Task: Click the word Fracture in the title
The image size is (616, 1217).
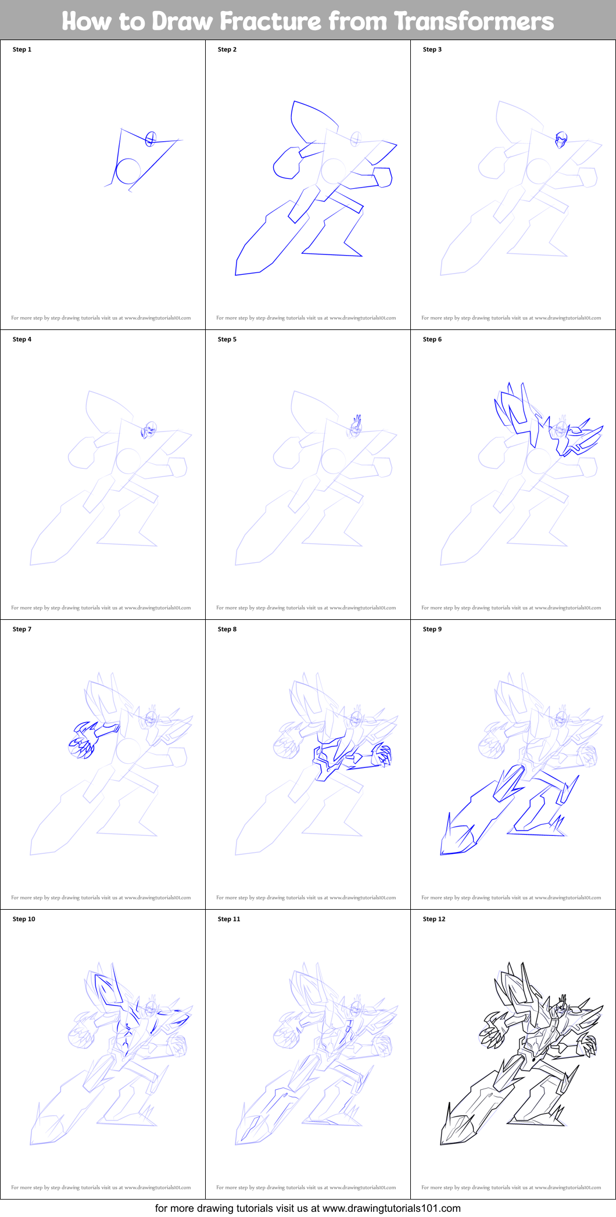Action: [x=270, y=21]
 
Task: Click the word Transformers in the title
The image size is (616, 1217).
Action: [x=474, y=21]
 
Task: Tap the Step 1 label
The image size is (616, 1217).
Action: [x=22, y=49]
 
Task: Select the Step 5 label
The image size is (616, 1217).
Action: [x=227, y=339]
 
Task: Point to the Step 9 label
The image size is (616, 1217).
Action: [x=432, y=629]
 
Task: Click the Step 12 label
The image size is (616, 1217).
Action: [x=434, y=919]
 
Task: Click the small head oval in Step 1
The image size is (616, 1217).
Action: [x=151, y=138]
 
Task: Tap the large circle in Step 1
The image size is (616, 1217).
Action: [x=128, y=171]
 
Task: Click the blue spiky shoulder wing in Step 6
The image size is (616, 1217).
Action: [x=514, y=410]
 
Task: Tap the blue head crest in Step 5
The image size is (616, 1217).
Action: [x=357, y=421]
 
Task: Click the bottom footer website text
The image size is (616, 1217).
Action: [x=308, y=1208]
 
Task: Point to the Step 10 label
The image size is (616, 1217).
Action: [x=24, y=919]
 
